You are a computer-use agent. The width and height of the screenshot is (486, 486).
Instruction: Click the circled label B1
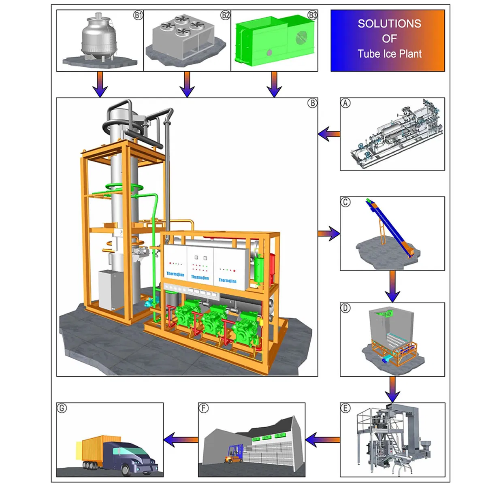(x=138, y=16)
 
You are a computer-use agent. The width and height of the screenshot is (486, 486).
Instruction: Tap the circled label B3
(x=312, y=16)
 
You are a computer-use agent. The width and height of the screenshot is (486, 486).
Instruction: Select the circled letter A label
(x=345, y=103)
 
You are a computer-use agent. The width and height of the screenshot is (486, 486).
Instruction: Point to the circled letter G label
(x=62, y=408)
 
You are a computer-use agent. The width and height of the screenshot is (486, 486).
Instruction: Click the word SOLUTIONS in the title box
(x=389, y=23)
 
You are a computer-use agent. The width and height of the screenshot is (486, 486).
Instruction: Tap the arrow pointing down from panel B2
(x=187, y=85)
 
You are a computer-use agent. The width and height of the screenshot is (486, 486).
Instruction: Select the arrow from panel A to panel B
(x=328, y=134)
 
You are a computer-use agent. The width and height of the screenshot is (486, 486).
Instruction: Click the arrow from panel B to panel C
(x=329, y=233)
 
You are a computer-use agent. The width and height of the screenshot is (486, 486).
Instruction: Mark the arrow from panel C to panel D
(x=392, y=286)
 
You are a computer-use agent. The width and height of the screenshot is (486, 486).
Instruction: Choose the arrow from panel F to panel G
(x=181, y=439)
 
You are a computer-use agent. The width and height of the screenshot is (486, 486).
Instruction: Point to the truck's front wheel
(x=128, y=470)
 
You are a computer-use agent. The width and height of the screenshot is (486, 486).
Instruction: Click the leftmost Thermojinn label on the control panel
(x=175, y=274)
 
